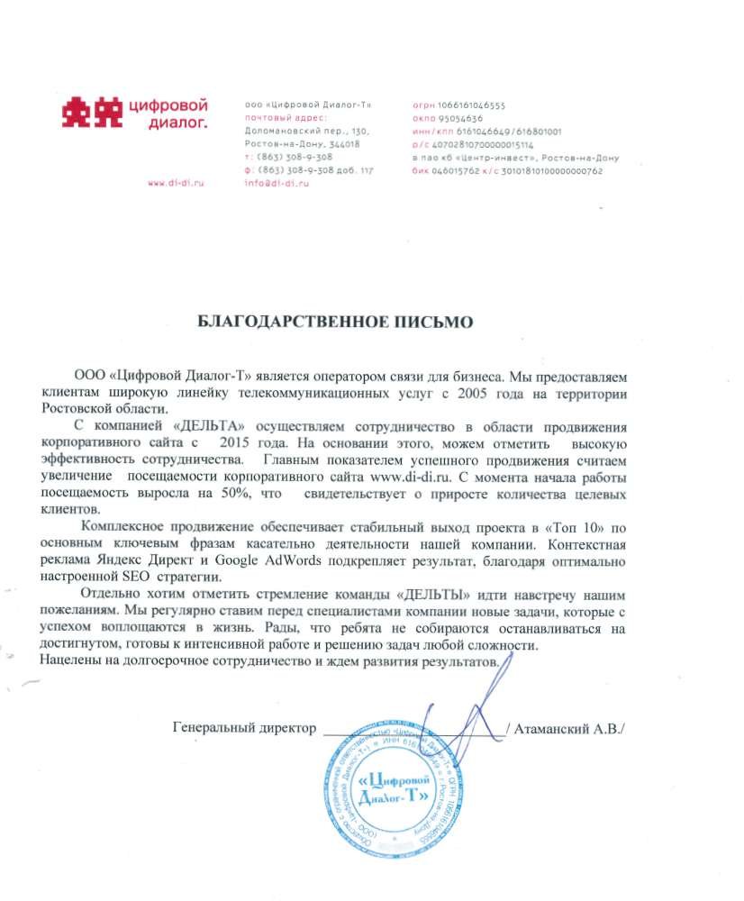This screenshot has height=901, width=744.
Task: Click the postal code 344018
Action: [346, 144]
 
